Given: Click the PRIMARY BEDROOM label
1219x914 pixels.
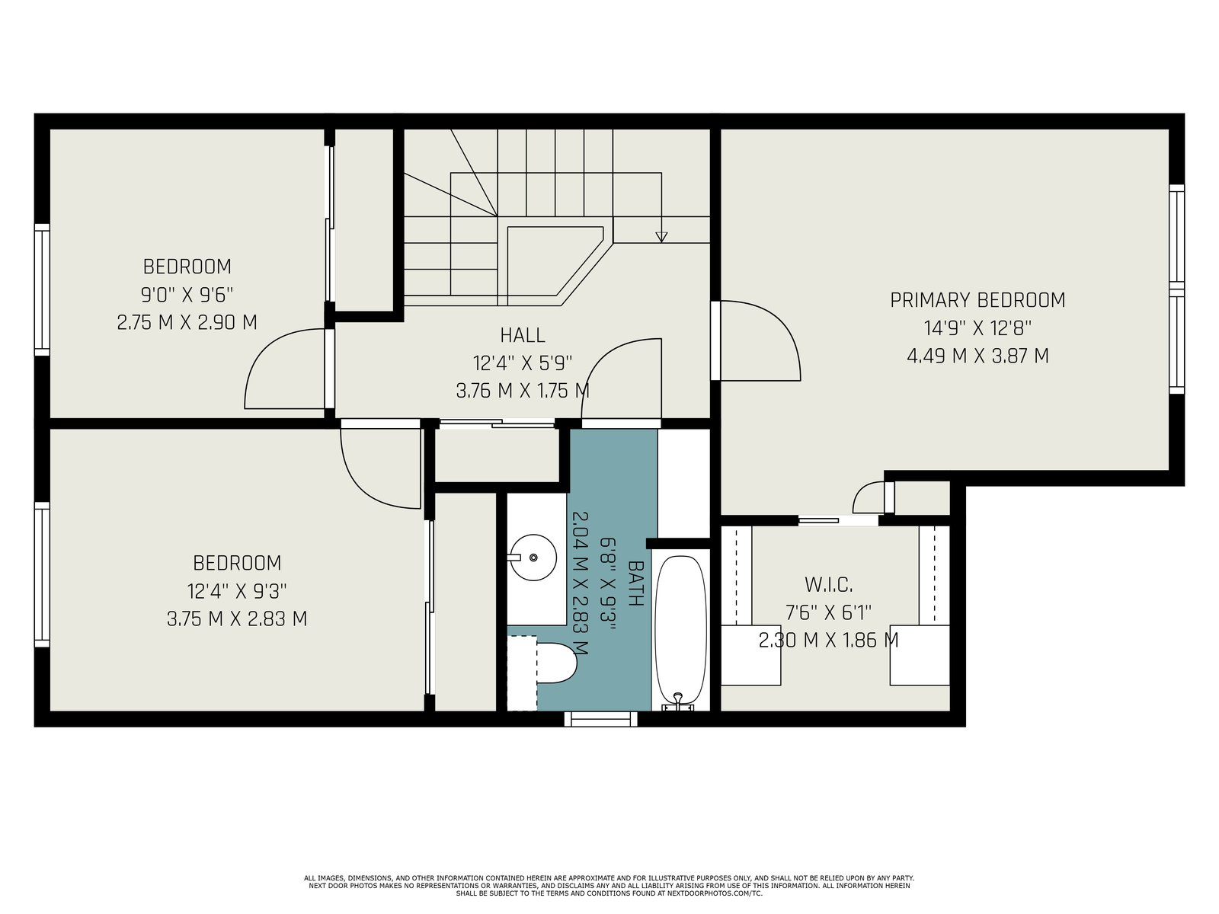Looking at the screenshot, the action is (x=977, y=300).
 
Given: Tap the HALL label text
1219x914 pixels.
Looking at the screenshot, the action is (x=523, y=335).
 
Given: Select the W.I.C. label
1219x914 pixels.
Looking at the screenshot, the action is (x=829, y=584).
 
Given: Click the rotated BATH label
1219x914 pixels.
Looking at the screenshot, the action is (x=636, y=583).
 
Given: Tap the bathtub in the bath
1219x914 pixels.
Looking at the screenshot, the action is (x=680, y=631).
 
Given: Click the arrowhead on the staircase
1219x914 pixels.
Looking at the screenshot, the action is (x=661, y=237).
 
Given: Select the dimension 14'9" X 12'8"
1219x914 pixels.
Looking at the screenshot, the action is (x=977, y=328).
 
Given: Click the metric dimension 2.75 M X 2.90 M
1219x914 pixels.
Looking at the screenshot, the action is (x=187, y=322).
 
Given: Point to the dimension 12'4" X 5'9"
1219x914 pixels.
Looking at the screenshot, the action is (x=523, y=363).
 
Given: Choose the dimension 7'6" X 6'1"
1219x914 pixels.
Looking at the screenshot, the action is (x=829, y=612).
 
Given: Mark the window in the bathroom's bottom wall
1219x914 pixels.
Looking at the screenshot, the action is (x=601, y=719).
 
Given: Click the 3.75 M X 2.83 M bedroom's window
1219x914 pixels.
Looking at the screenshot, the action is (x=42, y=574).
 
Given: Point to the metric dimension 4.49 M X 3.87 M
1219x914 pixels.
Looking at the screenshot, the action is (x=977, y=356).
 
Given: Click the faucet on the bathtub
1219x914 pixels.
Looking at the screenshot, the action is (x=677, y=701).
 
